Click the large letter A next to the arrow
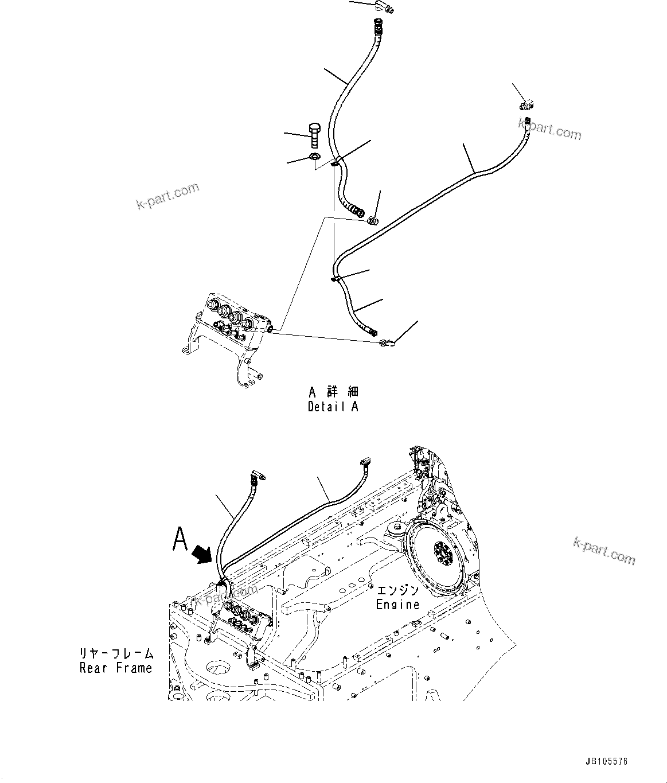pyautogui.click(x=181, y=540)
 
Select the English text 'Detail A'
pyautogui.click(x=333, y=407)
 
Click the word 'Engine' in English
pyautogui.click(x=397, y=604)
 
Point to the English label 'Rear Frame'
pyautogui.click(x=116, y=668)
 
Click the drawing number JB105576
pyautogui.click(x=607, y=762)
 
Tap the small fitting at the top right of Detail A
pyautogui.click(x=526, y=104)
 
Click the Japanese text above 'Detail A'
pyautogui.click(x=333, y=392)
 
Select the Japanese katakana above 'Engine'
pyautogui.click(x=397, y=590)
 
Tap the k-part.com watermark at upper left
pyautogui.click(x=167, y=195)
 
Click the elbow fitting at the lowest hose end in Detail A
pyautogui.click(x=385, y=343)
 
